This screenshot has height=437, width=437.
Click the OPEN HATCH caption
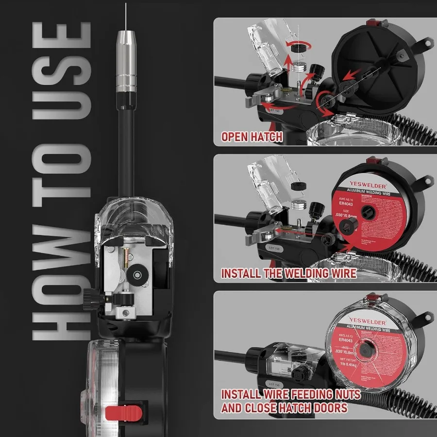click(252, 137)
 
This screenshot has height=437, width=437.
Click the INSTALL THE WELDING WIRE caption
click(288, 273)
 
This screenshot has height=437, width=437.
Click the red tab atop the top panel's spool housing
click(372, 23)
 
